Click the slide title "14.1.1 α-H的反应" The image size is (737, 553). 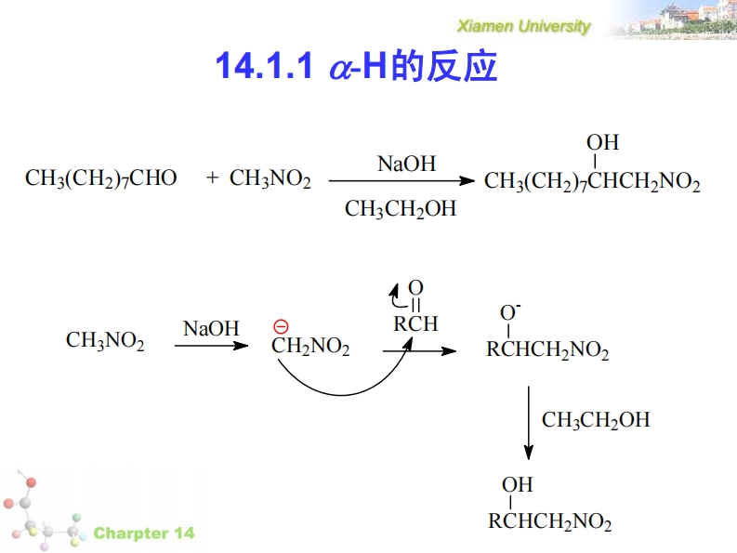tap(356, 66)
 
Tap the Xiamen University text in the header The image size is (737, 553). tap(524, 26)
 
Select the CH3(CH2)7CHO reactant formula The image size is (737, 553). tap(100, 178)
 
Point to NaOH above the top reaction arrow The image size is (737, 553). tap(406, 164)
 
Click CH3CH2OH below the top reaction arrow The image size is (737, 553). tap(401, 209)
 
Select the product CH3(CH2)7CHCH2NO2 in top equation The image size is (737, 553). tap(592, 181)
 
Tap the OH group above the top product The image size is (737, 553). tap(602, 142)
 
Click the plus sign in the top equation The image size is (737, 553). tap(213, 178)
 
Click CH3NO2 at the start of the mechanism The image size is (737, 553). tap(105, 341)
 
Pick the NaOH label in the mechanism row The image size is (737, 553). tap(211, 328)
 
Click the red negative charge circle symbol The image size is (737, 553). tap(281, 326)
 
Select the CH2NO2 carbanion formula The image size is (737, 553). tap(310, 348)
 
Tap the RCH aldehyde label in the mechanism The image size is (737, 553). tap(415, 324)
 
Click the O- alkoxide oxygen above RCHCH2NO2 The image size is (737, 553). tap(510, 311)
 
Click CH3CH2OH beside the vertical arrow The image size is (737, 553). tap(596, 420)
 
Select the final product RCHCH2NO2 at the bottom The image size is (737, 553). tap(550, 522)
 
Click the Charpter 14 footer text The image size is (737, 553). tap(144, 533)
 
